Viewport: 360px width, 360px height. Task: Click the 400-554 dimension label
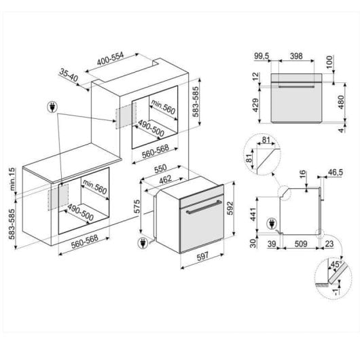(110, 59)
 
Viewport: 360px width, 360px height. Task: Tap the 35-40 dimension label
(69, 75)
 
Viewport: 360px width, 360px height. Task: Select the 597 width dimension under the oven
(202, 257)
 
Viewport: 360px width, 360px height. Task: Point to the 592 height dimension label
(230, 209)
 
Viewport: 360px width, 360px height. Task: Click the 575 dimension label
(137, 206)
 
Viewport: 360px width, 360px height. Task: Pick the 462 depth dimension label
(165, 179)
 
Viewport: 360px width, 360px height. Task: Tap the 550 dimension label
(160, 168)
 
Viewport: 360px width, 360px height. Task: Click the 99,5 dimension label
(262, 56)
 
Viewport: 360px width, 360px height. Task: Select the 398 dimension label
(296, 56)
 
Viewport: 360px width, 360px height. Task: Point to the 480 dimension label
(341, 102)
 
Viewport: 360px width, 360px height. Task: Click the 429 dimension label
(255, 105)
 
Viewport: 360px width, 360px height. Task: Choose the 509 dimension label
(300, 244)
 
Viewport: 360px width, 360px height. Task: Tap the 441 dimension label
(253, 215)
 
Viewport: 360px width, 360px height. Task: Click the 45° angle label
(336, 264)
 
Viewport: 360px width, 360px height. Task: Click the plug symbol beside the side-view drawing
(272, 224)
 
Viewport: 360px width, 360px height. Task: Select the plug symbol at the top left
(52, 107)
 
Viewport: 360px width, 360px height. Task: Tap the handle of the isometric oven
(204, 207)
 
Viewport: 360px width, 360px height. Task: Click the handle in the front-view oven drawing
(296, 86)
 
